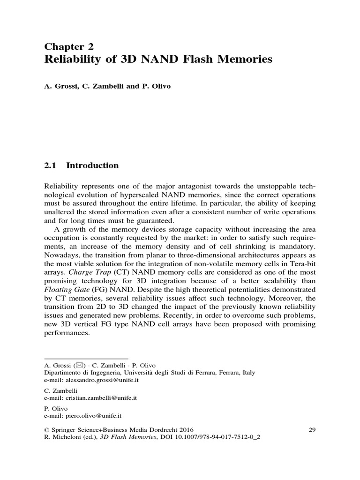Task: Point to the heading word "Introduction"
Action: coord(93,165)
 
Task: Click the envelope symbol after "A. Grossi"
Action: coord(78,365)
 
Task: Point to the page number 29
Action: coord(313,429)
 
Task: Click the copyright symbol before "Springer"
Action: coord(46,429)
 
